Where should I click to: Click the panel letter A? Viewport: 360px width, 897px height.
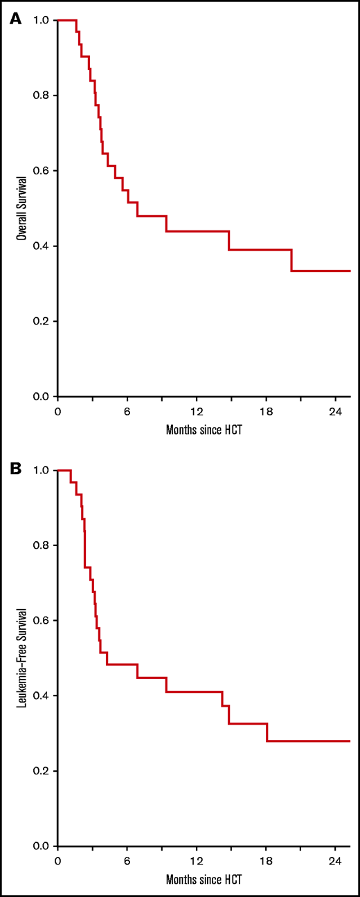tap(14, 19)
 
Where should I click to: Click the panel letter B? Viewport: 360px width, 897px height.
tap(14, 469)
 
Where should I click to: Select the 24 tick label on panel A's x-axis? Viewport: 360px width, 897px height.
tap(336, 410)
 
